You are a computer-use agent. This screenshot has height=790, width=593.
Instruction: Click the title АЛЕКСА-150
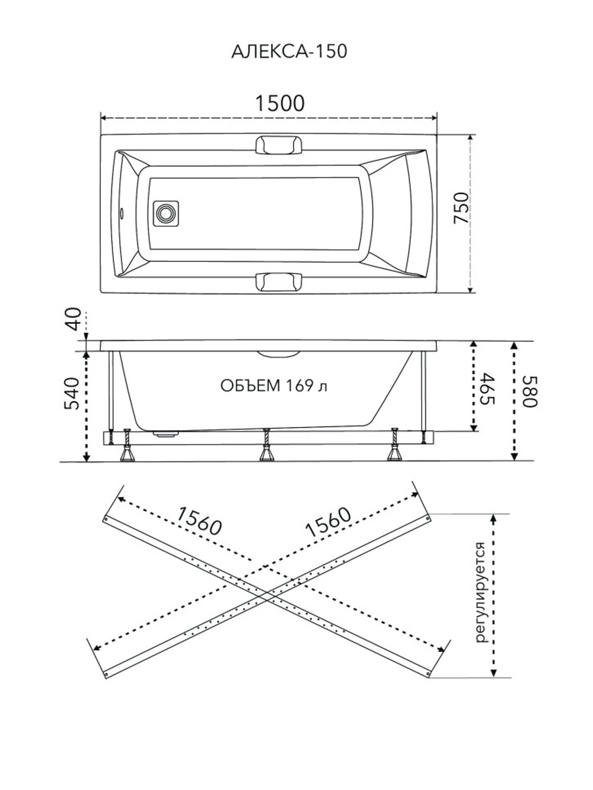point(289,52)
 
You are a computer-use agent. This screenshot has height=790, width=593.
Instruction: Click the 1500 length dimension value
point(280,103)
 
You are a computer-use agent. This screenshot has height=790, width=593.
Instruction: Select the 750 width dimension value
point(461,208)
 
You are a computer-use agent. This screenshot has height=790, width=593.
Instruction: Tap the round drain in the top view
point(165,213)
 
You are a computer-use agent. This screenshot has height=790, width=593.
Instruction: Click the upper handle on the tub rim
point(278,145)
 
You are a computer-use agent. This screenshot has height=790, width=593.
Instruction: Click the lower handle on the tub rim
point(278,281)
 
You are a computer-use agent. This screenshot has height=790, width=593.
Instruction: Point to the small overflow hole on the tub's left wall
point(123,213)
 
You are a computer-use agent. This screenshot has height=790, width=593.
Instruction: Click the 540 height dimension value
point(71,393)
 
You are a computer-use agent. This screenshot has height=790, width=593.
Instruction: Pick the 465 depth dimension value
point(486,388)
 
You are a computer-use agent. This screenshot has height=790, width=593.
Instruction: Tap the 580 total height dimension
point(530,391)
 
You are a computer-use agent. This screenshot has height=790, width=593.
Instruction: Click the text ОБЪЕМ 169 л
point(274,386)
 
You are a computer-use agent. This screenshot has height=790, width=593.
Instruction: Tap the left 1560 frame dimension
point(199,522)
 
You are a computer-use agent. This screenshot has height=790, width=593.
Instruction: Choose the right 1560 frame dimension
point(328,522)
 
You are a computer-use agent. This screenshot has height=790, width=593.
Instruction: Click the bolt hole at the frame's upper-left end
point(106,519)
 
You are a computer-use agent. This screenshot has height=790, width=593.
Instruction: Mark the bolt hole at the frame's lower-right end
point(428,673)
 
